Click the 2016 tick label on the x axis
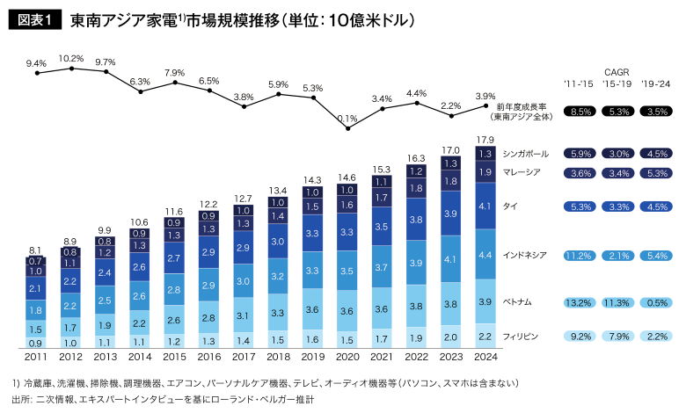tap(208, 358)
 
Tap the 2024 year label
tap(485, 358)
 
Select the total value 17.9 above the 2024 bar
tap(485, 140)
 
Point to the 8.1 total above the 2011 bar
tap(35, 250)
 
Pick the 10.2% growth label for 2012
tap(71, 59)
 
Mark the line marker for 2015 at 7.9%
tap(174, 83)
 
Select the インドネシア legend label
tap(526, 255)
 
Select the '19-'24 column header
tap(656, 84)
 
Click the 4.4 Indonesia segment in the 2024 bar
tap(485, 255)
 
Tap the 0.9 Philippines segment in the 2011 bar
tap(35, 343)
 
